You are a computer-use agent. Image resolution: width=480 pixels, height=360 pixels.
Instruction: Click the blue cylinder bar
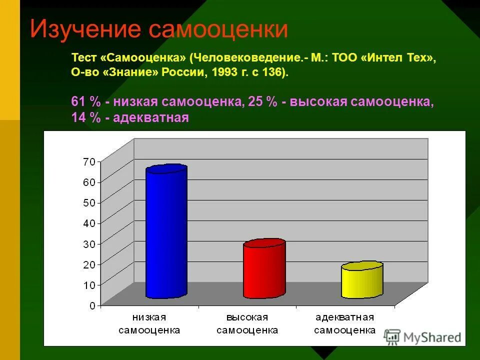pyautogui.click(x=166, y=232)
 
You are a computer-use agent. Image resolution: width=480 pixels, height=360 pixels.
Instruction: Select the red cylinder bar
pyautogui.click(x=264, y=270)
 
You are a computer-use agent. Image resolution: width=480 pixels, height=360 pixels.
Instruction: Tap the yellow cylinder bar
pyautogui.click(x=361, y=280)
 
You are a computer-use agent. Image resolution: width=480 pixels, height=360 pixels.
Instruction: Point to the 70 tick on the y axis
pyautogui.click(x=89, y=161)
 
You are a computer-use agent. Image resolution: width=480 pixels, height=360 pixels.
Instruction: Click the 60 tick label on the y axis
pyautogui.click(x=89, y=182)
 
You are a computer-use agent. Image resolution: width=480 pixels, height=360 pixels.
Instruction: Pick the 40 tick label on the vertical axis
pyautogui.click(x=89, y=223)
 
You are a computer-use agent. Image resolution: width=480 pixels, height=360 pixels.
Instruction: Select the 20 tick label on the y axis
pyautogui.click(x=89, y=264)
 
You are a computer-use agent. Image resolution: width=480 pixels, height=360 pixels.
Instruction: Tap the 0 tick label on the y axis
pyautogui.click(x=92, y=305)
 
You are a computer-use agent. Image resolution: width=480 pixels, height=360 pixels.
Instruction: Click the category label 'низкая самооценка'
pyautogui.click(x=149, y=324)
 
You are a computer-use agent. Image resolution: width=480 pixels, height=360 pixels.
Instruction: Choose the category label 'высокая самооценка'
pyautogui.click(x=247, y=324)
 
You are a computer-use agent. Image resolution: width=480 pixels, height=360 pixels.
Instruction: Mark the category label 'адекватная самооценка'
pyautogui.click(x=345, y=324)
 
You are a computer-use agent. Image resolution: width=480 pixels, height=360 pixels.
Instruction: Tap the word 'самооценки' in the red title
pyautogui.click(x=218, y=29)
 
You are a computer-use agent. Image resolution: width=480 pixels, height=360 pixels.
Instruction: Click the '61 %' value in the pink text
pyautogui.click(x=86, y=101)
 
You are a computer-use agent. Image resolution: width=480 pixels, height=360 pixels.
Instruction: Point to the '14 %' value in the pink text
pyautogui.click(x=86, y=118)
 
